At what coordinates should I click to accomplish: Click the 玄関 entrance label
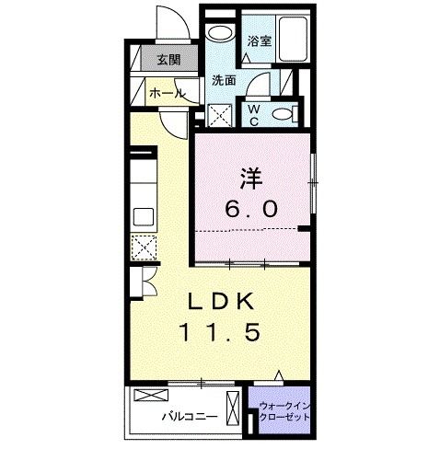coord(168,62)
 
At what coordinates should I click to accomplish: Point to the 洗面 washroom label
coord(224,80)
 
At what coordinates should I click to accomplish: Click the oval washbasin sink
coord(219,34)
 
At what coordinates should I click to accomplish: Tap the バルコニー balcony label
coord(190,416)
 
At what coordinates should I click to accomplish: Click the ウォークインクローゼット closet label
coord(282,410)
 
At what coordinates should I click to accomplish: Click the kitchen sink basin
coord(145,217)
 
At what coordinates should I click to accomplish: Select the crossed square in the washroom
coord(221,117)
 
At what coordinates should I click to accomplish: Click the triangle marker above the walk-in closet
coord(280,375)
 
